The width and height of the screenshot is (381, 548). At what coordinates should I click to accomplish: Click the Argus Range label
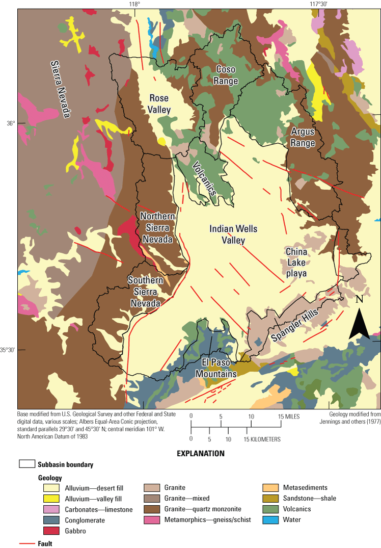click(x=303, y=138)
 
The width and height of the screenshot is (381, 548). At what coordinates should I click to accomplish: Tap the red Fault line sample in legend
click(x=26, y=543)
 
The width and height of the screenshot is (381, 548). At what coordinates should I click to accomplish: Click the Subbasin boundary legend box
click(x=27, y=464)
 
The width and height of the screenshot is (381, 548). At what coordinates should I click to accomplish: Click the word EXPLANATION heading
click(x=200, y=453)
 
